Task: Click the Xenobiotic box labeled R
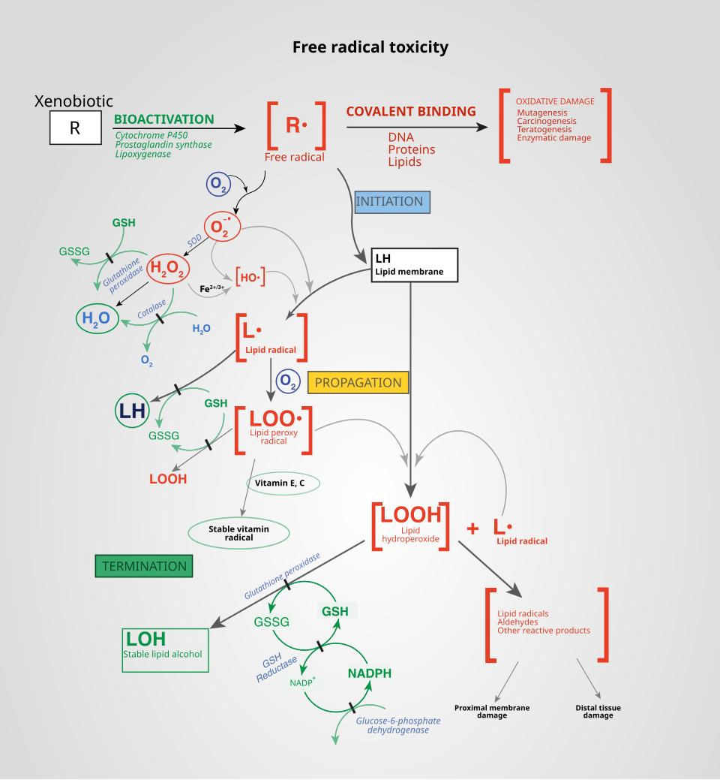click(x=75, y=128)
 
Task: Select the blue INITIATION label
click(x=389, y=202)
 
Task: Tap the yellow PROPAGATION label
click(x=358, y=383)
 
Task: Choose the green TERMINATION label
click(x=144, y=566)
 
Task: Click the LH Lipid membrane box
click(x=415, y=265)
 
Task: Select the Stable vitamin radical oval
click(x=238, y=532)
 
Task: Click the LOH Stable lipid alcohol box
click(x=165, y=649)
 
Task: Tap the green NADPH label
click(x=369, y=673)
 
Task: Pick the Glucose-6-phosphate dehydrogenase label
click(x=397, y=725)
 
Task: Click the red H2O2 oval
click(x=168, y=268)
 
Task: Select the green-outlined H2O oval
click(x=97, y=319)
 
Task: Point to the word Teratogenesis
click(x=544, y=129)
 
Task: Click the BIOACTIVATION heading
click(x=163, y=119)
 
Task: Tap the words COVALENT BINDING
click(x=411, y=112)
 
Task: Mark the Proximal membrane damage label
click(x=492, y=712)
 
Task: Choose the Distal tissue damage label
click(x=598, y=712)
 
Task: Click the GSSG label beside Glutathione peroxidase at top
click(x=74, y=251)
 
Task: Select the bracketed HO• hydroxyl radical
click(x=250, y=278)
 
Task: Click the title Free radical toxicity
click(x=370, y=47)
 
